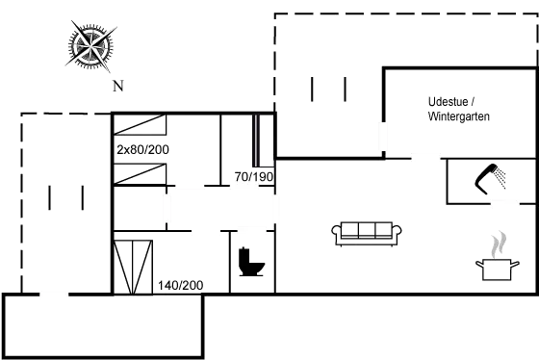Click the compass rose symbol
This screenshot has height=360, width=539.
(90, 45)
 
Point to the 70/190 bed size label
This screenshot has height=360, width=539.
(255, 176)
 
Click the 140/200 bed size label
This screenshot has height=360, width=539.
(181, 286)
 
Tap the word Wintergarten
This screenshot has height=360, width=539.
(460, 116)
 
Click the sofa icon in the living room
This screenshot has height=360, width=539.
(366, 232)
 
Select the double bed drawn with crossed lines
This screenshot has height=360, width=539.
(133, 267)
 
